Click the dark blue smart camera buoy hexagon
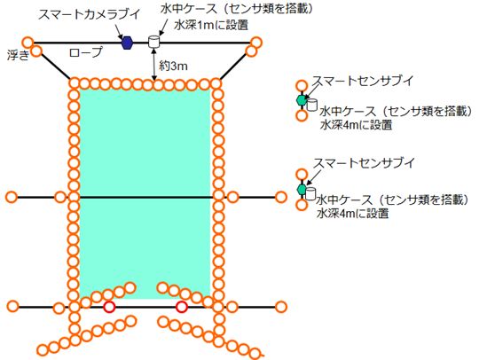(127, 43)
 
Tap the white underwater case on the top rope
(153, 42)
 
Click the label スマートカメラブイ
(89, 14)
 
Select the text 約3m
(173, 66)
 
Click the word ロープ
(86, 52)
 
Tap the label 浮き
(18, 55)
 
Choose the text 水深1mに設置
(211, 25)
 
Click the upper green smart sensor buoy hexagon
(301, 100)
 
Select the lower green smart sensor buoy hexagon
(302, 189)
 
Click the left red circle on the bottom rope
(109, 307)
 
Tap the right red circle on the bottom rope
(181, 307)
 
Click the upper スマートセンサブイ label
(364, 81)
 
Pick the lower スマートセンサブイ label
(364, 162)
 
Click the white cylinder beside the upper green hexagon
(312, 105)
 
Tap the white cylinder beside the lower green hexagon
(310, 193)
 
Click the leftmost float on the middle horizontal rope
(12, 197)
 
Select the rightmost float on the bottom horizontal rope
(281, 307)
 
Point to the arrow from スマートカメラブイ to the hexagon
(120, 31)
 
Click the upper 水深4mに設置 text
(356, 125)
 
